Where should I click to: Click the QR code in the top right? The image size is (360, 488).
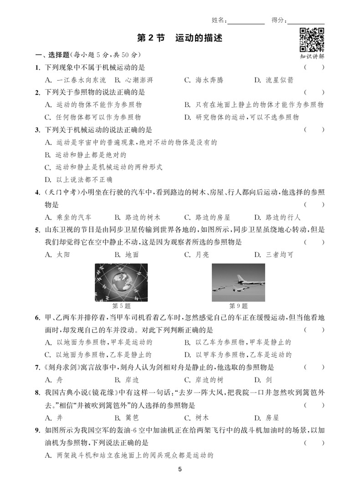[x=312, y=40]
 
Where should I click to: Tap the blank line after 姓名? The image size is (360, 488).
[x=246, y=21]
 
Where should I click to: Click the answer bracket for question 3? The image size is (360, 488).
[x=314, y=130]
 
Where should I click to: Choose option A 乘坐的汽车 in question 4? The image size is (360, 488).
[x=68, y=217]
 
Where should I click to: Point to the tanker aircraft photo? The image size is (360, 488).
[x=238, y=283]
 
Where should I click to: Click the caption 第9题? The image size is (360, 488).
[x=238, y=306]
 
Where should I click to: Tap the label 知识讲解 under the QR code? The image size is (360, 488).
[x=312, y=57]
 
